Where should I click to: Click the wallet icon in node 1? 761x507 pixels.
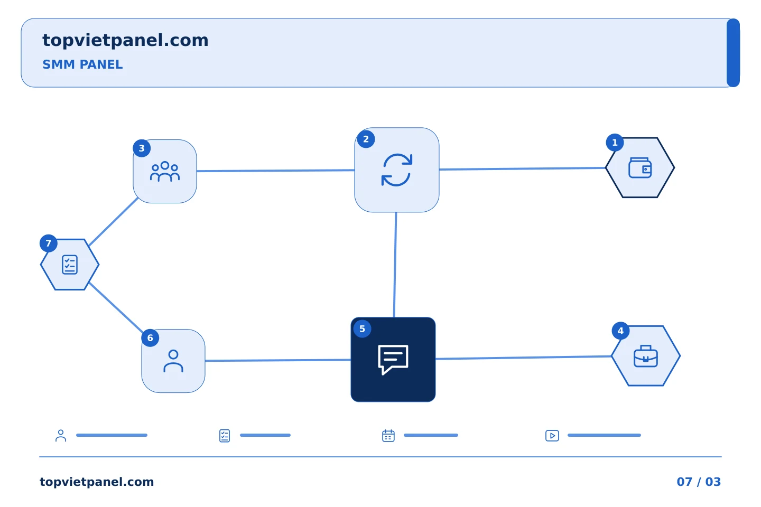(640, 168)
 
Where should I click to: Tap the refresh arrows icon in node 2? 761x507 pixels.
(397, 170)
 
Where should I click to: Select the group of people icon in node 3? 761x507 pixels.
(165, 172)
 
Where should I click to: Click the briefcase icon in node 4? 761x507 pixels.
(646, 356)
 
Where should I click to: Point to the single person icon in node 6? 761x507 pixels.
(173, 361)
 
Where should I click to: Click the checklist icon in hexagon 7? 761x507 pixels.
(70, 265)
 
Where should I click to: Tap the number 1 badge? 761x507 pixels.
(615, 143)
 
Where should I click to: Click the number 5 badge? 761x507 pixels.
(362, 328)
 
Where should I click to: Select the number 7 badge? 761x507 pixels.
(48, 243)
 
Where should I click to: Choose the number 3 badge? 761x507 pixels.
(142, 148)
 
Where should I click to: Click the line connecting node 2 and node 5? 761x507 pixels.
(395, 265)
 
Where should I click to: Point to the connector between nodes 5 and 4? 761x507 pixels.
(524, 358)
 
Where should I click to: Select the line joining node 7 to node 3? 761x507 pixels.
(113, 221)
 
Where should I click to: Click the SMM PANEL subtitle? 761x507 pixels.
(82, 64)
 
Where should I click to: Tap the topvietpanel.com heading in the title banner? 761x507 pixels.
(125, 41)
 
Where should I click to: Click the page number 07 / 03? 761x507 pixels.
(699, 482)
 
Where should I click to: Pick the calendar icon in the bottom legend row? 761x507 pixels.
(388, 435)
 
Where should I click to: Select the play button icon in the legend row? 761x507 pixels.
(552, 436)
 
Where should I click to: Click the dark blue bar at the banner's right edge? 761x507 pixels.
(733, 53)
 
